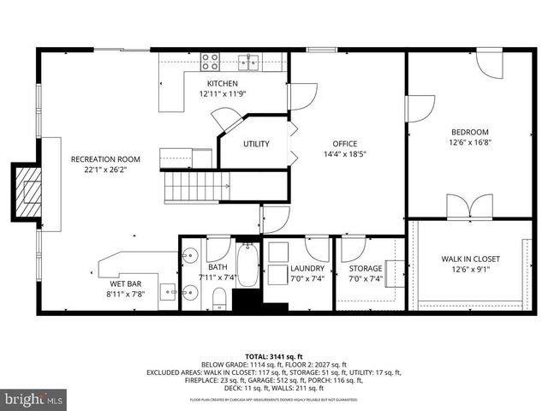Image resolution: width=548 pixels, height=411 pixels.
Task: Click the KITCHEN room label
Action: [x=222, y=83]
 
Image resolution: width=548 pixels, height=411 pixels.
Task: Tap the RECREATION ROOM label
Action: [x=105, y=158]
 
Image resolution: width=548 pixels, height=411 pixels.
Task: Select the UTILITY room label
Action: [x=256, y=144]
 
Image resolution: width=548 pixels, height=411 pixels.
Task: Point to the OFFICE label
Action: [x=345, y=144]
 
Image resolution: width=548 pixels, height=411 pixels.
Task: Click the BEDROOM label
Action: [x=470, y=132]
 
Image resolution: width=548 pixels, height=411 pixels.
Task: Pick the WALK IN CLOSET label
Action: [x=470, y=259]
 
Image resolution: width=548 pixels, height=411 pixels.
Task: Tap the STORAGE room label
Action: [x=366, y=268]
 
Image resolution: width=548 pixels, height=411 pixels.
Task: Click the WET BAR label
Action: [x=124, y=283]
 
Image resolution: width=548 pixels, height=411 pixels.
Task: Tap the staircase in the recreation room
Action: [x=196, y=184]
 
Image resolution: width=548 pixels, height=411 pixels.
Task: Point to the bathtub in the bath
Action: [x=247, y=266]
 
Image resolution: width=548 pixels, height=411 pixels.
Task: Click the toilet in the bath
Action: [x=218, y=298]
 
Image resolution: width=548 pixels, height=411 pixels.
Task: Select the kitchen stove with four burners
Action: [x=210, y=61]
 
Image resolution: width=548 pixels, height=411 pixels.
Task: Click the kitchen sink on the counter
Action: [x=250, y=61]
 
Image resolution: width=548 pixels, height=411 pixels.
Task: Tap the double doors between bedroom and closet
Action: [x=470, y=207]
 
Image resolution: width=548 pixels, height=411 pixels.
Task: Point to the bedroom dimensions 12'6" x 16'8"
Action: [x=470, y=141]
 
